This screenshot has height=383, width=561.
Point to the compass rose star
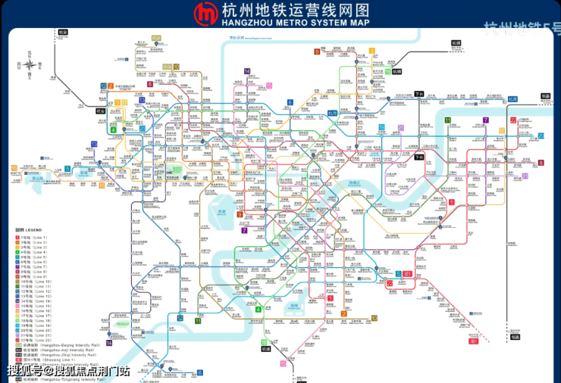point(29,64)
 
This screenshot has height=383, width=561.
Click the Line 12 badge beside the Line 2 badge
point(103,86)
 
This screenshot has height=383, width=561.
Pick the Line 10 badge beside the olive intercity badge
point(176,67)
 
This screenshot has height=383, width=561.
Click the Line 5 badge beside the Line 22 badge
point(399,273)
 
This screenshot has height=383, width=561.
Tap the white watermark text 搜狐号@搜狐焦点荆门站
point(68,371)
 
